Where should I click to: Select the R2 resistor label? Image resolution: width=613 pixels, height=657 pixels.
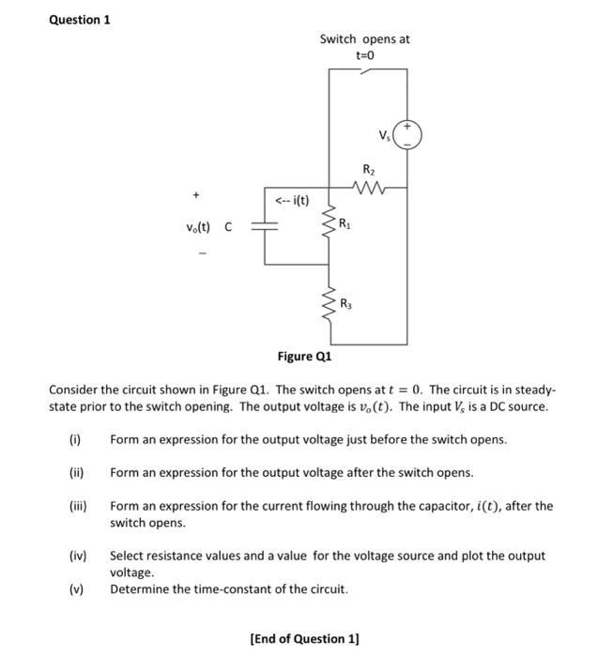368,170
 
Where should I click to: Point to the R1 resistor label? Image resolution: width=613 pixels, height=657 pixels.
345,224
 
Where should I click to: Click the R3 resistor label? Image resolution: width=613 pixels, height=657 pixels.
345,302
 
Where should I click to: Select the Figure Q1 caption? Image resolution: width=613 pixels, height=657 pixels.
304,357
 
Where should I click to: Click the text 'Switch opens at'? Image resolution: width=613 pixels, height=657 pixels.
364,39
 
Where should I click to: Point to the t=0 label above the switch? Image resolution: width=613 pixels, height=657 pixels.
365,56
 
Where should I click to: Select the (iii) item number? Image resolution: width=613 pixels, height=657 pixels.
75,506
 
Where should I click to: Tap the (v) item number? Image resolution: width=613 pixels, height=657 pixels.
75,589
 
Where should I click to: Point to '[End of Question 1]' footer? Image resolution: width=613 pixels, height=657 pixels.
304,639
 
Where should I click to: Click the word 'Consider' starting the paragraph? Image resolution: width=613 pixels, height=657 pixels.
74,390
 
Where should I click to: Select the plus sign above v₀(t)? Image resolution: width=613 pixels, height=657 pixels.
197,196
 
